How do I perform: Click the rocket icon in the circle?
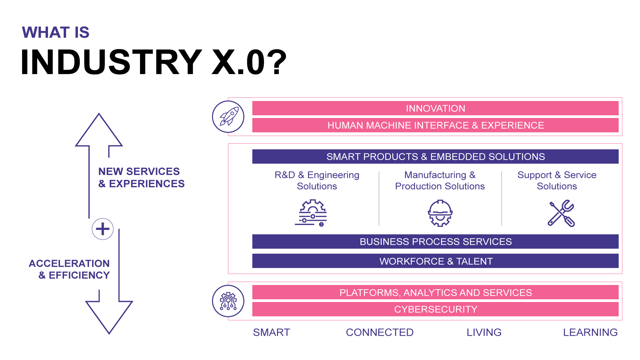[x=228, y=117]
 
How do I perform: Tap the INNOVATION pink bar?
[x=435, y=108]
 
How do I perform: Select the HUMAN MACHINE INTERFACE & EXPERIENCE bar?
[x=435, y=125]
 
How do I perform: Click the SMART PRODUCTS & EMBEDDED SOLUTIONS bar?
[x=435, y=157]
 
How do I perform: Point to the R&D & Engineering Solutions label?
[x=317, y=180]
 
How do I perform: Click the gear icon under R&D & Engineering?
[x=311, y=213]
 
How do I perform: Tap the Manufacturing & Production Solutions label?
[x=440, y=180]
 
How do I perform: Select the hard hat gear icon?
[x=440, y=213]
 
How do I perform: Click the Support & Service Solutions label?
[x=557, y=180]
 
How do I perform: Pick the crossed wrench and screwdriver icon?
[x=561, y=213]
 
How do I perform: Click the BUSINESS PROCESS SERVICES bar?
[x=435, y=242]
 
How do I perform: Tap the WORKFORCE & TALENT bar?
[x=435, y=261]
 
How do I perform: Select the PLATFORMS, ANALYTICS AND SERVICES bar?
[x=435, y=292]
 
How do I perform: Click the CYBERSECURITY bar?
[x=435, y=309]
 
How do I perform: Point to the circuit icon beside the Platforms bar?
[x=228, y=301]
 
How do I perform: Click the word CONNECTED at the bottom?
[x=380, y=332]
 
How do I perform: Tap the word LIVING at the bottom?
[x=484, y=332]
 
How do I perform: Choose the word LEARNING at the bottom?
[x=590, y=332]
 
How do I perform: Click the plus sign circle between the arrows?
[x=103, y=229]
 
